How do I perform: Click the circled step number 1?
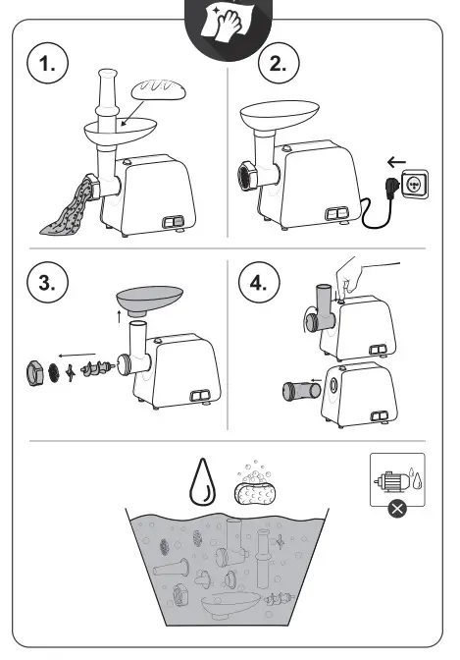coord(47,64)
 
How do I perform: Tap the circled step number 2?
coord(279,64)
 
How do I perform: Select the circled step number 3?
coord(47,281)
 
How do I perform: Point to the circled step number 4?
coord(259,282)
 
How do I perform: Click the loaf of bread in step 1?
coord(159,90)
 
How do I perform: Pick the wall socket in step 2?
coord(415,184)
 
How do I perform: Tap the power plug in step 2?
coord(392,185)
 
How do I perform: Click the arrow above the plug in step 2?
coord(396,162)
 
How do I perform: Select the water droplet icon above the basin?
coord(203,481)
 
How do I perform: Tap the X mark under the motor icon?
coord(397,509)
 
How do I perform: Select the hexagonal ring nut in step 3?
coord(35,372)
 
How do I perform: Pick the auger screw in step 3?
coord(97,368)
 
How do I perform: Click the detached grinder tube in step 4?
coord(301,390)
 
